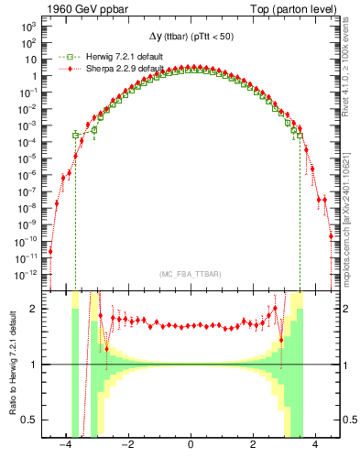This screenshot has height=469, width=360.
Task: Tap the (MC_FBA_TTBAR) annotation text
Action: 190,275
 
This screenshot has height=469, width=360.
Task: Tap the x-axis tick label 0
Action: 190,446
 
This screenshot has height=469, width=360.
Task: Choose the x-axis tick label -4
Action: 64,446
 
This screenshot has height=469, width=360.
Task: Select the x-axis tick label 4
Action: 315,446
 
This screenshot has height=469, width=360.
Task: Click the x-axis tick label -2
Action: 126,446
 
